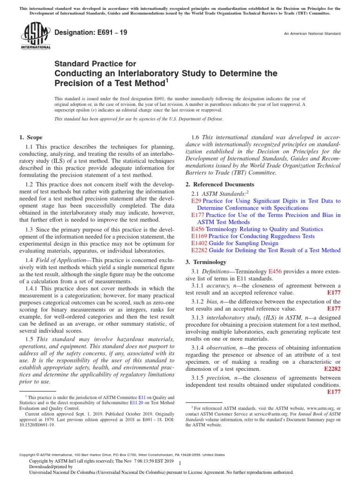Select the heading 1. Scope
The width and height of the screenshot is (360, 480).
(30, 137)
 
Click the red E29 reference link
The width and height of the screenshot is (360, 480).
(196, 201)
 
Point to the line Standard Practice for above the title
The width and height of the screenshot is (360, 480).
(96, 64)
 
